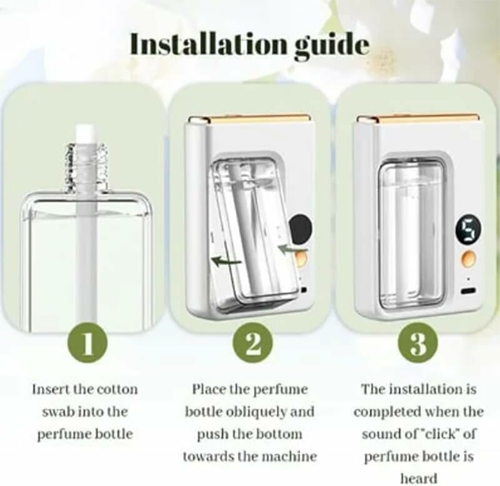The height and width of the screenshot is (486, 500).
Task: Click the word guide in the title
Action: pyautogui.click(x=332, y=46)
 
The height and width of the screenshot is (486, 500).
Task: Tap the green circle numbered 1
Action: pyautogui.click(x=87, y=343)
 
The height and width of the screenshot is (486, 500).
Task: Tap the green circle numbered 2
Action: pyautogui.click(x=252, y=343)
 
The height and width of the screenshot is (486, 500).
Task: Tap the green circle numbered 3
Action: pyautogui.click(x=418, y=343)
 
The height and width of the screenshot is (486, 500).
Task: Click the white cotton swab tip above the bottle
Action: pyautogui.click(x=85, y=133)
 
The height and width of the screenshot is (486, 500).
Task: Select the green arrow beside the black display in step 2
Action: pyautogui.click(x=292, y=248)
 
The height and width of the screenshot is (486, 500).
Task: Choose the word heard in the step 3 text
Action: pyautogui.click(x=418, y=479)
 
